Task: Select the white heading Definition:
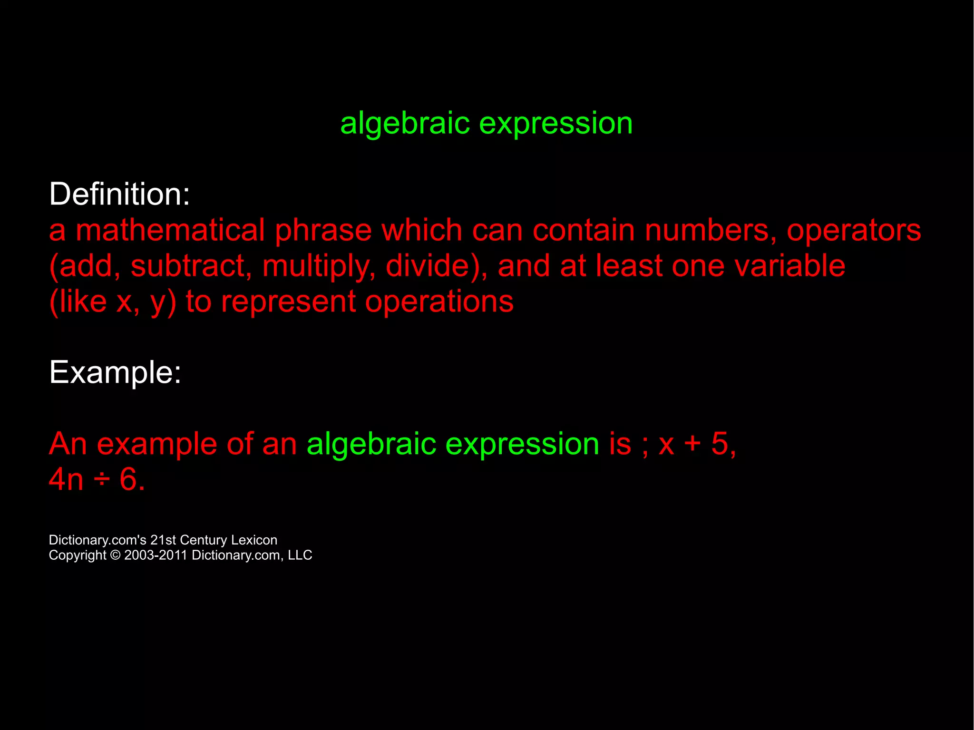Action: pyautogui.click(x=119, y=194)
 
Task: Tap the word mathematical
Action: pyautogui.click(x=170, y=230)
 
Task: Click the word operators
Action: pyautogui.click(x=853, y=230)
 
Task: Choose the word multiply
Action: pyautogui.click(x=316, y=266)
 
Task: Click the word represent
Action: pyautogui.click(x=288, y=302)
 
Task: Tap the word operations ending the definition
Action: pyautogui.click(x=439, y=302)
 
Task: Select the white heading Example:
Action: pyautogui.click(x=115, y=372)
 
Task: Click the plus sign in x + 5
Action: pyautogui.click(x=692, y=444)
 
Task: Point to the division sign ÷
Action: pyautogui.click(x=101, y=479)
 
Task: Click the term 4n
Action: pyautogui.click(x=66, y=479)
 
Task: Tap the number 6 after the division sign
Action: pyautogui.click(x=128, y=479)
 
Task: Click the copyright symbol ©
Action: pyautogui.click(x=115, y=555)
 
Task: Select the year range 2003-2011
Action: pyautogui.click(x=156, y=555)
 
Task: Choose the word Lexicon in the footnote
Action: pyautogui.click(x=253, y=540)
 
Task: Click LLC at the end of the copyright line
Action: pyautogui.click(x=300, y=555)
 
